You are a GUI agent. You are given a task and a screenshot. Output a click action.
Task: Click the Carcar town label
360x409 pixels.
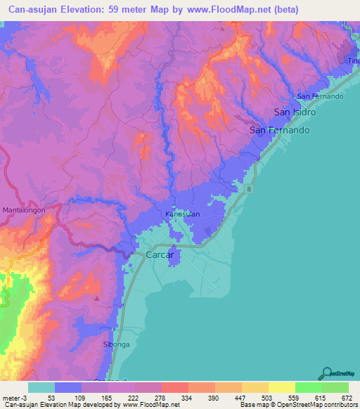[160, 255]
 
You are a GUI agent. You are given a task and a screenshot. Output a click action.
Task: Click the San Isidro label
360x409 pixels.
[295, 112]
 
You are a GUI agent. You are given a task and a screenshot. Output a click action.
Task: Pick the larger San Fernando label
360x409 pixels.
[280, 131]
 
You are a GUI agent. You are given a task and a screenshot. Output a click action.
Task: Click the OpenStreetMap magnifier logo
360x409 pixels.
[326, 374]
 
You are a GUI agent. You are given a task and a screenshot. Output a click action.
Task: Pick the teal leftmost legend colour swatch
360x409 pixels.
[41, 387]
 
